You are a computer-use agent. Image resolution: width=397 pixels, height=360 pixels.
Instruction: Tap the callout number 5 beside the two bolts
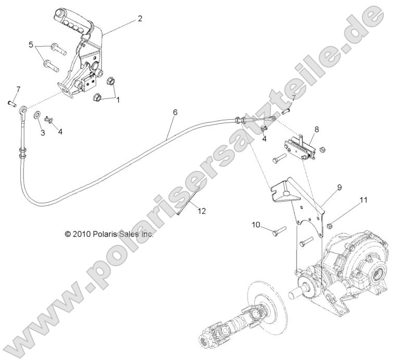(x=31, y=44)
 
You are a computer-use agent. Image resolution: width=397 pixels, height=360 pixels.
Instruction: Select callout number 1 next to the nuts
(x=118, y=100)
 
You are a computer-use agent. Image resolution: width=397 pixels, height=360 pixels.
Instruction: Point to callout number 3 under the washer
(x=43, y=133)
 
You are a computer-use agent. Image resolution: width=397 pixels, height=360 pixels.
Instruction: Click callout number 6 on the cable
(x=175, y=112)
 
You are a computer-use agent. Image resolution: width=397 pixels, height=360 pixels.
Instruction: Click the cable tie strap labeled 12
(x=189, y=201)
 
